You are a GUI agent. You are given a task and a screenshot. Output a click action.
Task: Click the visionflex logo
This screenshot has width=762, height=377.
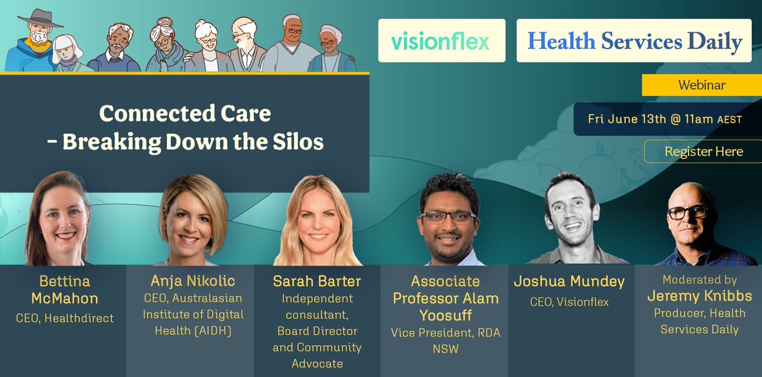(441, 42)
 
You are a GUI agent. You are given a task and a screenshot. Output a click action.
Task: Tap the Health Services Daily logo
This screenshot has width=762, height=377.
(634, 42)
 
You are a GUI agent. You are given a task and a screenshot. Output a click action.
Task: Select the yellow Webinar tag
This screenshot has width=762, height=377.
(702, 85)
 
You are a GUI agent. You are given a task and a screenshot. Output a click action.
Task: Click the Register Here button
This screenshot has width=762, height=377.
(703, 151)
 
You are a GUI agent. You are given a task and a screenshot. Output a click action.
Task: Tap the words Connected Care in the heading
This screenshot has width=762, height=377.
(185, 114)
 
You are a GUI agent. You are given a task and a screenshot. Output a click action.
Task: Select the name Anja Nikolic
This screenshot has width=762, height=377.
(192, 281)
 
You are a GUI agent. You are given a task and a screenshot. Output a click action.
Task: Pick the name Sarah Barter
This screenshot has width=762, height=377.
(317, 281)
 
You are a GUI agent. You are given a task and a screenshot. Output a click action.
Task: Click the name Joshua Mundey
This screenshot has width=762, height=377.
(569, 281)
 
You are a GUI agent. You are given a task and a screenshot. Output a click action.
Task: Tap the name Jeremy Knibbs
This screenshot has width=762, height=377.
(699, 296)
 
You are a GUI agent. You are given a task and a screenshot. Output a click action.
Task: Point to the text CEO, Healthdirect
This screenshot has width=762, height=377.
(64, 318)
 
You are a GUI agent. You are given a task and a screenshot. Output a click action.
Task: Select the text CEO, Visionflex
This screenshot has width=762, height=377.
(569, 302)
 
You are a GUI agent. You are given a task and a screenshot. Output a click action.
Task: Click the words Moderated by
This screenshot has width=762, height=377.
(699, 280)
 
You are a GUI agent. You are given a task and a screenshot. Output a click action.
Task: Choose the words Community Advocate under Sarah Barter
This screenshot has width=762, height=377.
(317, 355)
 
